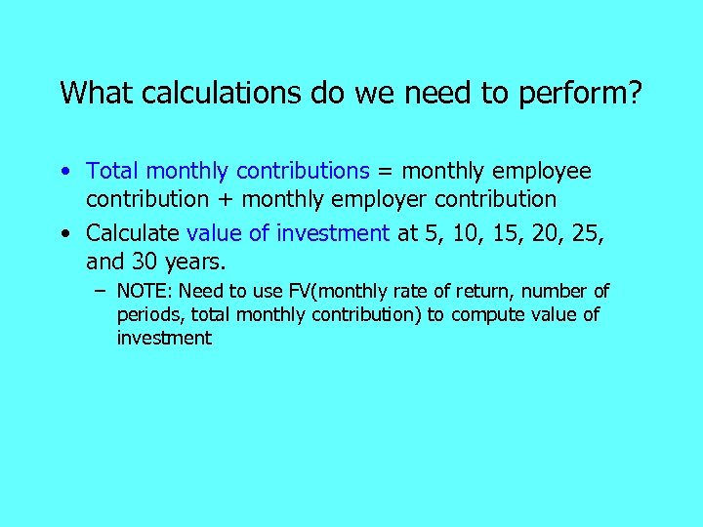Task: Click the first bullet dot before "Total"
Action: (63, 172)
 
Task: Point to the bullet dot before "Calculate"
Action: (63, 233)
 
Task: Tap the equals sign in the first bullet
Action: (385, 172)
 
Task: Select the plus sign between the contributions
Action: (227, 200)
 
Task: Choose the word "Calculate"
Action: (133, 233)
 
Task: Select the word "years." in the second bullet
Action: (196, 262)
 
